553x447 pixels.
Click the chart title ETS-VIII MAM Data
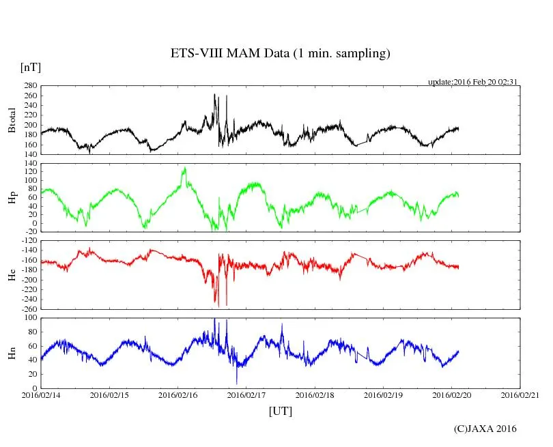(280, 54)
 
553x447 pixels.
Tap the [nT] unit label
(30, 68)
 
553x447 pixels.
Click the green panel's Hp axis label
(12, 198)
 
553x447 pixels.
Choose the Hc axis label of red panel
(12, 274)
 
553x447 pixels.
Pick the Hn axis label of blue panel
(12, 353)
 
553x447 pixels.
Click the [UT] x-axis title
(280, 411)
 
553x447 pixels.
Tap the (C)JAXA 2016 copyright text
(485, 429)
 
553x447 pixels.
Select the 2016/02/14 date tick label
(40, 395)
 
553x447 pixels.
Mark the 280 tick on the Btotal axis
(30, 87)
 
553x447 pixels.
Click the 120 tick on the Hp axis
(30, 171)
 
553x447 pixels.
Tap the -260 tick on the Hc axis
(29, 308)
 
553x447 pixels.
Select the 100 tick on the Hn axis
(30, 318)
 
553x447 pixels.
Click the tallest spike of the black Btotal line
(214, 95)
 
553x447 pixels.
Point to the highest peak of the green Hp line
(184, 168)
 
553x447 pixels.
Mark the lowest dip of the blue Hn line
(237, 384)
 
